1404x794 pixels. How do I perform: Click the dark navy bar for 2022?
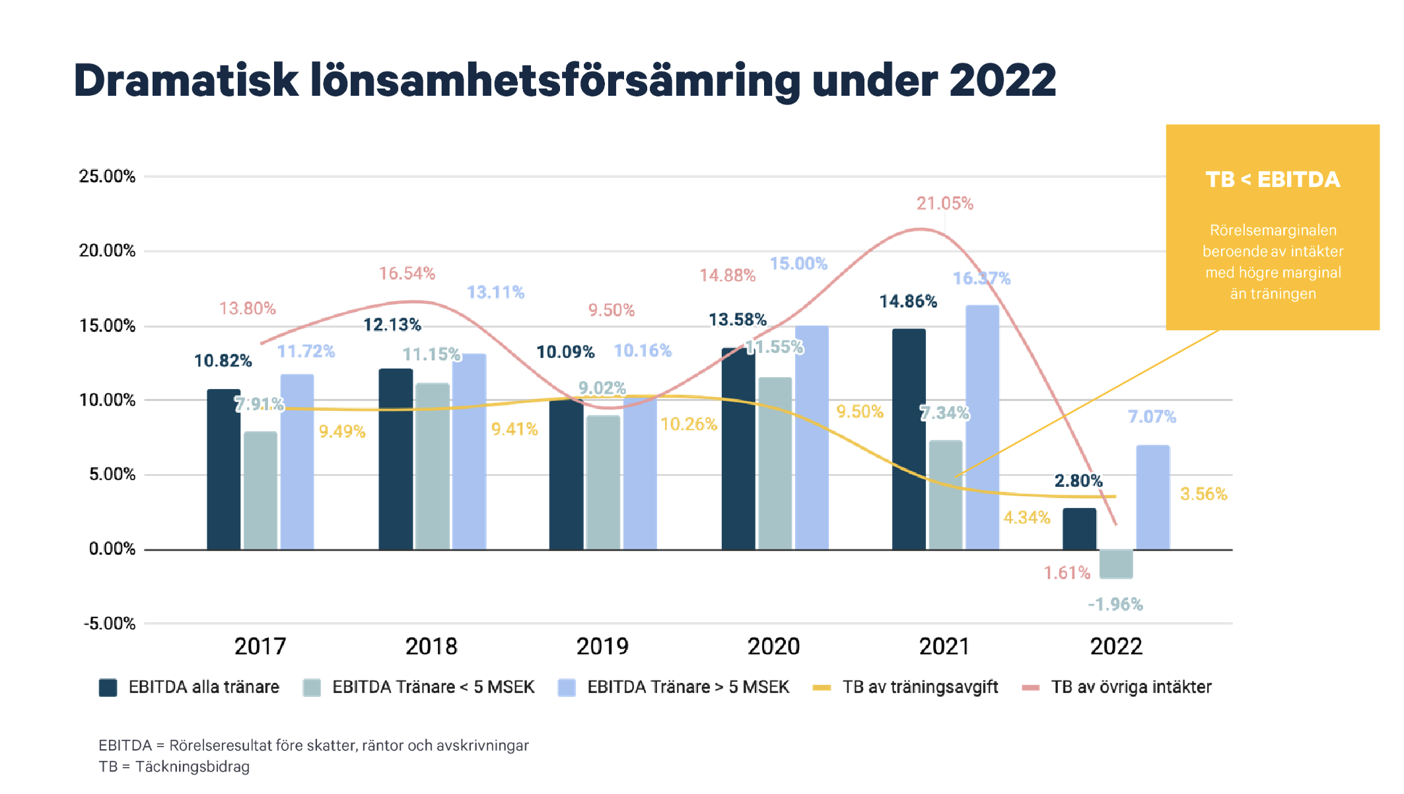coord(1079,529)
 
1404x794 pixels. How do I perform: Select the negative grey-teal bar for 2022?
coord(1116,564)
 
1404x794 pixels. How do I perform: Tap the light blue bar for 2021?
coord(982,427)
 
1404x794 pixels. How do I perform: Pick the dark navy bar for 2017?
coord(223,470)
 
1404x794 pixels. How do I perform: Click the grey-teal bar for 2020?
coord(775,464)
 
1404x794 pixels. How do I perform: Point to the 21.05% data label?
coord(944,203)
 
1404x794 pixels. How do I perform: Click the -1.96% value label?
coord(1115,604)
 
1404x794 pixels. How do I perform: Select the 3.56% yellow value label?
coord(1203,494)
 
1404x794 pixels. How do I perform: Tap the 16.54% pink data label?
coord(407,273)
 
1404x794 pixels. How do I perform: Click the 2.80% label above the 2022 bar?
coord(1078,481)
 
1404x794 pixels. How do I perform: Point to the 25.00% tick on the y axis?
coord(107,176)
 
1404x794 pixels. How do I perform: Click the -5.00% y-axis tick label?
coord(109,624)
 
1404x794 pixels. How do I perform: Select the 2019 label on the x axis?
coord(602,646)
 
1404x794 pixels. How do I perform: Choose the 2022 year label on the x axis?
coord(1116,646)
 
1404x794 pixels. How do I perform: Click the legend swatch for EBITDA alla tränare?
coord(108,688)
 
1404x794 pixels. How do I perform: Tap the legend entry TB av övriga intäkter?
coord(1131,688)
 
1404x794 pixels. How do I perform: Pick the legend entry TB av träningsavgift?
coord(920,688)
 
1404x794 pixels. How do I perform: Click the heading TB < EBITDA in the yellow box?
coord(1273,180)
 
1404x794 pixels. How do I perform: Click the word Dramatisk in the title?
coord(186,81)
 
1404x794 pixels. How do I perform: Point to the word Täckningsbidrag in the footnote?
coord(192,767)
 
